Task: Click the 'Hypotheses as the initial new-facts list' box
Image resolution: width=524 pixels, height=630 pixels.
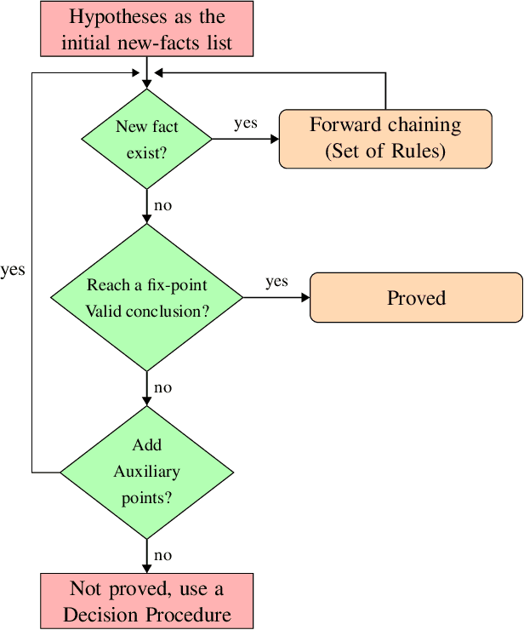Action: pyautogui.click(x=147, y=28)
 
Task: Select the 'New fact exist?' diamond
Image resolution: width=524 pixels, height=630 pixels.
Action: pyautogui.click(x=146, y=139)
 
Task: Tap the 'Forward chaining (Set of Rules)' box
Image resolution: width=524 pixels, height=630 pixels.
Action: pyautogui.click(x=385, y=139)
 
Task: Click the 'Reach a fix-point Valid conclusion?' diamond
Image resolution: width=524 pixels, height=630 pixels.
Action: pyautogui.click(x=147, y=297)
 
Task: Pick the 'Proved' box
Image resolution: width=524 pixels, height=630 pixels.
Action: pyautogui.click(x=416, y=297)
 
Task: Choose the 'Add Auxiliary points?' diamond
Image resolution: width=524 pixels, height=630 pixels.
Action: pyautogui.click(x=146, y=471)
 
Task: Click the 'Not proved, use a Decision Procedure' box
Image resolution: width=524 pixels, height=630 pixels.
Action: pyautogui.click(x=146, y=601)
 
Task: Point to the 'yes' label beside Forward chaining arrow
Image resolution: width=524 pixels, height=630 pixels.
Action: pyautogui.click(x=246, y=123)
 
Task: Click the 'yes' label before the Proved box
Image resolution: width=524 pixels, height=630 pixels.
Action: pyautogui.click(x=276, y=282)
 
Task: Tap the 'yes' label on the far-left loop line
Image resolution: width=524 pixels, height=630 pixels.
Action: pyautogui.click(x=13, y=270)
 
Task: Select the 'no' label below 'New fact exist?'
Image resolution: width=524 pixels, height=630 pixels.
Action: pyautogui.click(x=162, y=205)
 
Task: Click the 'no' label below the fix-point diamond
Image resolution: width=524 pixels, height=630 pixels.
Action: pyautogui.click(x=162, y=387)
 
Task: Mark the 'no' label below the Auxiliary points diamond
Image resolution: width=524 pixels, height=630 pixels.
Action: pyautogui.click(x=162, y=555)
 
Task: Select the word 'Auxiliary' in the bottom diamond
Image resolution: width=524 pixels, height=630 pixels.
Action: pyautogui.click(x=146, y=472)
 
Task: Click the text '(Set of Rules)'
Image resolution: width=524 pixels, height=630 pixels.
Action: pyautogui.click(x=385, y=151)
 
